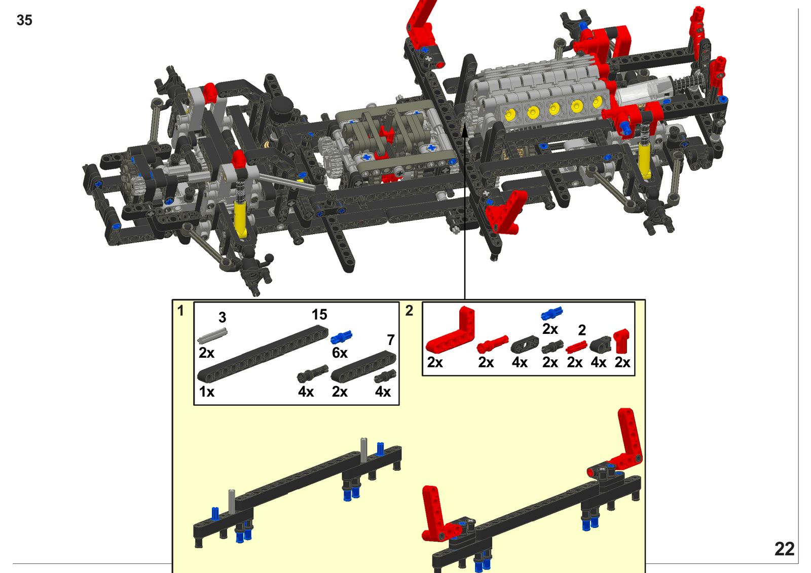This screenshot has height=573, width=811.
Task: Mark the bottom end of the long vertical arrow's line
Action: click(x=464, y=299)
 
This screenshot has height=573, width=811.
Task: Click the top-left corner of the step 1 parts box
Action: click(x=194, y=302)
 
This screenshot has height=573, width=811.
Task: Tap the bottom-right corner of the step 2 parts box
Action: click(x=635, y=375)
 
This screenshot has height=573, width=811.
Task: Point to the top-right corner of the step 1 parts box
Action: click(x=399, y=302)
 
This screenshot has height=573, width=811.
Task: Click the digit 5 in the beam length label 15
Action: click(x=323, y=315)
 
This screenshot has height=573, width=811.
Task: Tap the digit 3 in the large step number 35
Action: click(x=20, y=20)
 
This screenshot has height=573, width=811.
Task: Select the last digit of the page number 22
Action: click(x=789, y=549)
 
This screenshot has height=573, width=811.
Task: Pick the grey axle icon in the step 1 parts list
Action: click(x=212, y=335)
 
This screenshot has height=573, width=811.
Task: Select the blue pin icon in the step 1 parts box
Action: click(x=341, y=336)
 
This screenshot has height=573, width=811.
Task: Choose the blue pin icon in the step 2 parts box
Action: click(x=552, y=313)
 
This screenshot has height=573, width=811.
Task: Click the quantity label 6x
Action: click(x=340, y=353)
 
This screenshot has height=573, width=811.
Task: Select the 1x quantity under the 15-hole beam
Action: click(x=207, y=392)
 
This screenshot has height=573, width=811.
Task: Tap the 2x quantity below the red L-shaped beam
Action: click(x=435, y=362)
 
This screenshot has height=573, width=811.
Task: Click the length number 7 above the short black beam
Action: click(x=391, y=340)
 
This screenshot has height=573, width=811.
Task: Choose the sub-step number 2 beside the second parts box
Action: click(x=409, y=311)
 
